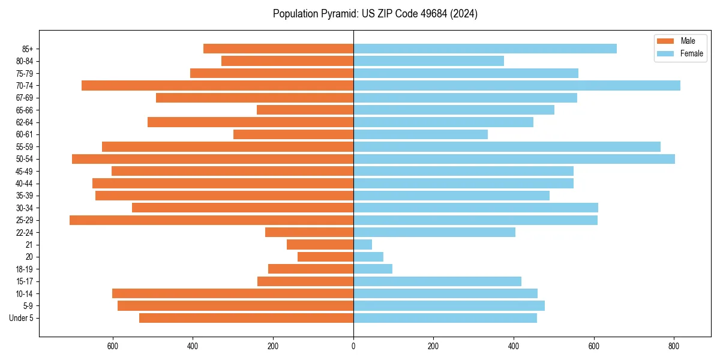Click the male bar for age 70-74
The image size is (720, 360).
point(217,85)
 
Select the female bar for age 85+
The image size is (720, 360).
point(485,49)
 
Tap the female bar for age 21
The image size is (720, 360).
point(362,245)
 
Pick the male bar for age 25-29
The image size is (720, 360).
point(211,220)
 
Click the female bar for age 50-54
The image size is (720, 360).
point(514,159)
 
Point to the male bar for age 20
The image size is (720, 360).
point(325,257)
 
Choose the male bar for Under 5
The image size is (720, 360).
point(246,318)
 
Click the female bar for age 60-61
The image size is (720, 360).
point(420,134)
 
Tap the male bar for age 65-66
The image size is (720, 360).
point(305,110)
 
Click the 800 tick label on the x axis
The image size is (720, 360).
point(674,346)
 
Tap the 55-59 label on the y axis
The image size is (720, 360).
point(24,147)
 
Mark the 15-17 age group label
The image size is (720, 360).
point(24,281)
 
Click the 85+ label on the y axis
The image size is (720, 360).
point(28,49)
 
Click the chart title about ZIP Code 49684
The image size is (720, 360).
point(375,14)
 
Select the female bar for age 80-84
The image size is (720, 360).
point(428,61)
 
